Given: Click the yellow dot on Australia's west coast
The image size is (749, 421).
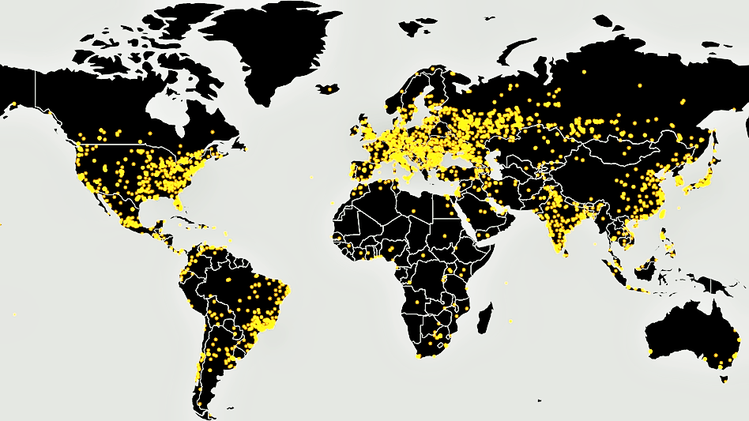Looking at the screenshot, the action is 649,350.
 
